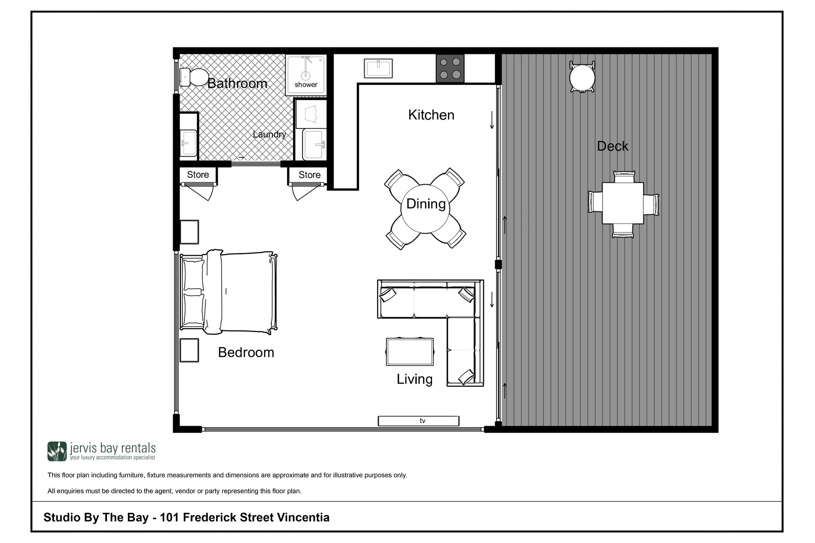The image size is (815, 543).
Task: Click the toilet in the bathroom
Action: pyautogui.click(x=193, y=77)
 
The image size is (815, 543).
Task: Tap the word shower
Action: pyautogui.click(x=306, y=84)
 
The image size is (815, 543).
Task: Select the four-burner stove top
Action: pyautogui.click(x=450, y=68)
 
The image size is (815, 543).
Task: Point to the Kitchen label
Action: pyautogui.click(x=431, y=115)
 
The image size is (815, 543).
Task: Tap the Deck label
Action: pyautogui.click(x=613, y=146)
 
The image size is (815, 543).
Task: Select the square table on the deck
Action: pyautogui.click(x=623, y=203)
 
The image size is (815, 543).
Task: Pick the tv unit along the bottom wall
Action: pyautogui.click(x=419, y=421)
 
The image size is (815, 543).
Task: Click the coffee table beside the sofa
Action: pyautogui.click(x=410, y=352)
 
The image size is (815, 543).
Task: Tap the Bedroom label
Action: pyautogui.click(x=246, y=353)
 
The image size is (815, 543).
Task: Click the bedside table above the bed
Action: pyautogui.click(x=189, y=232)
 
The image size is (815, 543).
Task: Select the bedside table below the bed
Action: pyautogui.click(x=189, y=350)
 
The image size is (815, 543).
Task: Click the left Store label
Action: pyautogui.click(x=198, y=175)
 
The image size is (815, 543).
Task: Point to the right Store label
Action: pyautogui.click(x=309, y=175)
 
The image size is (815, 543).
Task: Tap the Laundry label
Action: pyautogui.click(x=270, y=134)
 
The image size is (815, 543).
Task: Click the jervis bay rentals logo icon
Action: pyautogui.click(x=57, y=451)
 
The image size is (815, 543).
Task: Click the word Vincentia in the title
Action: pyautogui.click(x=303, y=518)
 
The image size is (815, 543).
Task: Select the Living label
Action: pyautogui.click(x=415, y=379)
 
